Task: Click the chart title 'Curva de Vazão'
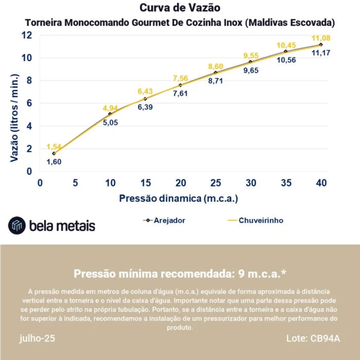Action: click(x=179, y=8)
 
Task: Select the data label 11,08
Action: click(x=321, y=38)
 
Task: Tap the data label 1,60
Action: click(x=54, y=161)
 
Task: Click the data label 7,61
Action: click(x=181, y=93)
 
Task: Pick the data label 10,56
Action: click(x=286, y=60)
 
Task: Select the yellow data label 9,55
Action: click(x=251, y=56)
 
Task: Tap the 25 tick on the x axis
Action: click(x=215, y=183)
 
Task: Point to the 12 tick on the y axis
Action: click(x=27, y=35)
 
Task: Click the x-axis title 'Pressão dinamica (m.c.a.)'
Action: click(x=178, y=198)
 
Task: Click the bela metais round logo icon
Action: click(x=16, y=225)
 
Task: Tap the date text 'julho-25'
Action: click(x=38, y=338)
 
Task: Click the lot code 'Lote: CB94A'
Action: click(x=313, y=338)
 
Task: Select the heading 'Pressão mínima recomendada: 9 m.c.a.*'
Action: click(x=179, y=273)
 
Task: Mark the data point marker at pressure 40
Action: click(x=321, y=45)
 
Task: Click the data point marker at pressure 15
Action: click(x=145, y=99)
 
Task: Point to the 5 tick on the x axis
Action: click(x=75, y=183)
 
